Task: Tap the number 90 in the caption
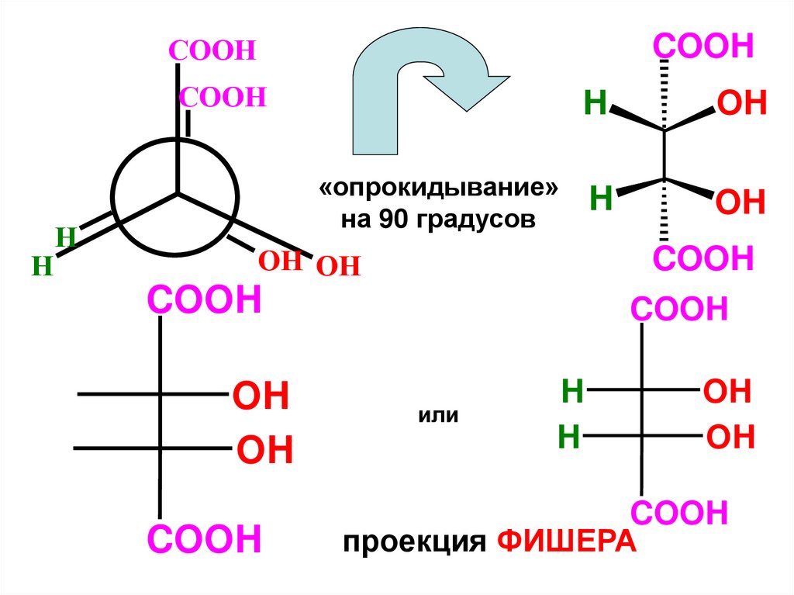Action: pyautogui.click(x=392, y=220)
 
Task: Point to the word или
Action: pyautogui.click(x=439, y=416)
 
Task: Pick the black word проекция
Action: pyautogui.click(x=414, y=541)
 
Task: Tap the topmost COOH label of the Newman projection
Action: pyautogui.click(x=212, y=52)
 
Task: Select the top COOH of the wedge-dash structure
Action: pyautogui.click(x=704, y=47)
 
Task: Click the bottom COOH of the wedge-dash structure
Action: pyautogui.click(x=704, y=258)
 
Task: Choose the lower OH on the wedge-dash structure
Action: pyautogui.click(x=740, y=202)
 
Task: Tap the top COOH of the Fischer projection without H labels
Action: pyautogui.click(x=205, y=299)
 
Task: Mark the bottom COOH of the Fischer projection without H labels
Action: pyautogui.click(x=205, y=539)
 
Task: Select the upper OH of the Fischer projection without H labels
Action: pyautogui.click(x=261, y=396)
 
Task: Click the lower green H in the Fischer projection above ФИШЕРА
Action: pyautogui.click(x=570, y=438)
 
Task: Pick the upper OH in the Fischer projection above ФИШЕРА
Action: pyautogui.click(x=727, y=392)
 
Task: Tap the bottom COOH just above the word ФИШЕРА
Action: pyautogui.click(x=679, y=513)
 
